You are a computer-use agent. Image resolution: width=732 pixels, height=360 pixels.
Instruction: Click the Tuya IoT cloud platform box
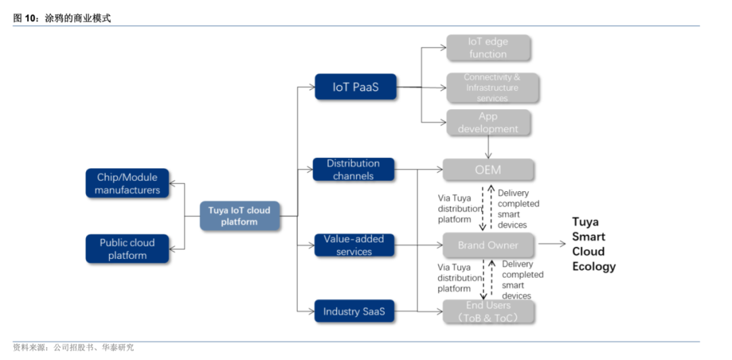tap(239, 216)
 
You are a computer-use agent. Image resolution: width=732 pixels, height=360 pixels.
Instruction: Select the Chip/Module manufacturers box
tap(127, 184)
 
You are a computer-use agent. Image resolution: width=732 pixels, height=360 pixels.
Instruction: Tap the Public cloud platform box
tap(127, 249)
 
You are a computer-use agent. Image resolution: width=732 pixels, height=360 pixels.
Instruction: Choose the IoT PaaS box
tap(355, 87)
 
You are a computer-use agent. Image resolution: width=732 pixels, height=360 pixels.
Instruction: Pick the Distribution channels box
tap(353, 169)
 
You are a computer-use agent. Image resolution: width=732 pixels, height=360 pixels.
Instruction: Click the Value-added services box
tap(353, 245)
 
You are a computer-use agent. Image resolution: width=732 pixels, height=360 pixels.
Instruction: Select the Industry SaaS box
tap(353, 311)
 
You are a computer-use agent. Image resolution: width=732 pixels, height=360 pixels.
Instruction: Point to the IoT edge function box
tap(488, 48)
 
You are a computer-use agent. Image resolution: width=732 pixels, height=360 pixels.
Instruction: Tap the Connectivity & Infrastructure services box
tap(492, 88)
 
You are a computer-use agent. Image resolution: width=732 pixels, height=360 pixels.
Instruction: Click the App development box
tap(488, 123)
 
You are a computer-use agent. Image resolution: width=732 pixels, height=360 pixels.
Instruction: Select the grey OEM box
tap(488, 169)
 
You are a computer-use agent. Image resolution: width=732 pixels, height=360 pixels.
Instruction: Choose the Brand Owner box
tap(488, 245)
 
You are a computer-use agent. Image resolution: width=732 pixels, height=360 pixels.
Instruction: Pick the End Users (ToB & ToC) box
tap(488, 311)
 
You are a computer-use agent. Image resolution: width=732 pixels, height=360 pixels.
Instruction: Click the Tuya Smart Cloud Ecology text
tap(594, 244)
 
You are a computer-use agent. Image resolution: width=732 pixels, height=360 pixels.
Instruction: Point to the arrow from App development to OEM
tap(488, 146)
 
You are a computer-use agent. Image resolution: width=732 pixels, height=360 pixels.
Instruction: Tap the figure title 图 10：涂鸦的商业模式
tap(62, 18)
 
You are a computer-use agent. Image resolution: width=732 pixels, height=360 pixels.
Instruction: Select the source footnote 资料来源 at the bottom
tap(73, 347)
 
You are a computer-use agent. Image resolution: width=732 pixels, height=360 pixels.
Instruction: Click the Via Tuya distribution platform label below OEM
tap(458, 209)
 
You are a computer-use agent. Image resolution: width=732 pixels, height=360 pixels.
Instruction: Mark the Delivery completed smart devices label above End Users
tap(522, 279)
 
